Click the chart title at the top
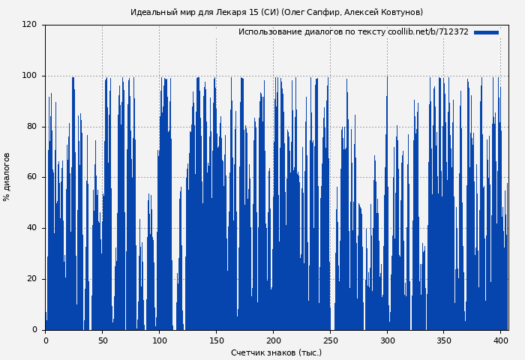[277, 12]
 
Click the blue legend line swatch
[486, 32]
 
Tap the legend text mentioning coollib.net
[353, 32]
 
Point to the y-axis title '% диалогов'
[7, 177]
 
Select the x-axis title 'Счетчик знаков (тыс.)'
[276, 352]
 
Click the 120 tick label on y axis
[29, 25]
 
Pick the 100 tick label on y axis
[29, 76]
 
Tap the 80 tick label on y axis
[31, 127]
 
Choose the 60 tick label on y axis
[31, 177]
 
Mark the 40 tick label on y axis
[31, 228]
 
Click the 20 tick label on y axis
[31, 279]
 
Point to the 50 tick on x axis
[102, 340]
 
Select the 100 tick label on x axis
[159, 340]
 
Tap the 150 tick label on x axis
[216, 340]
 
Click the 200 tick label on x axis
[273, 340]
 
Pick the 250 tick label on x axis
[330, 340]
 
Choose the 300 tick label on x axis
[387, 340]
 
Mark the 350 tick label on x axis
[444, 340]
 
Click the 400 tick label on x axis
[500, 340]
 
